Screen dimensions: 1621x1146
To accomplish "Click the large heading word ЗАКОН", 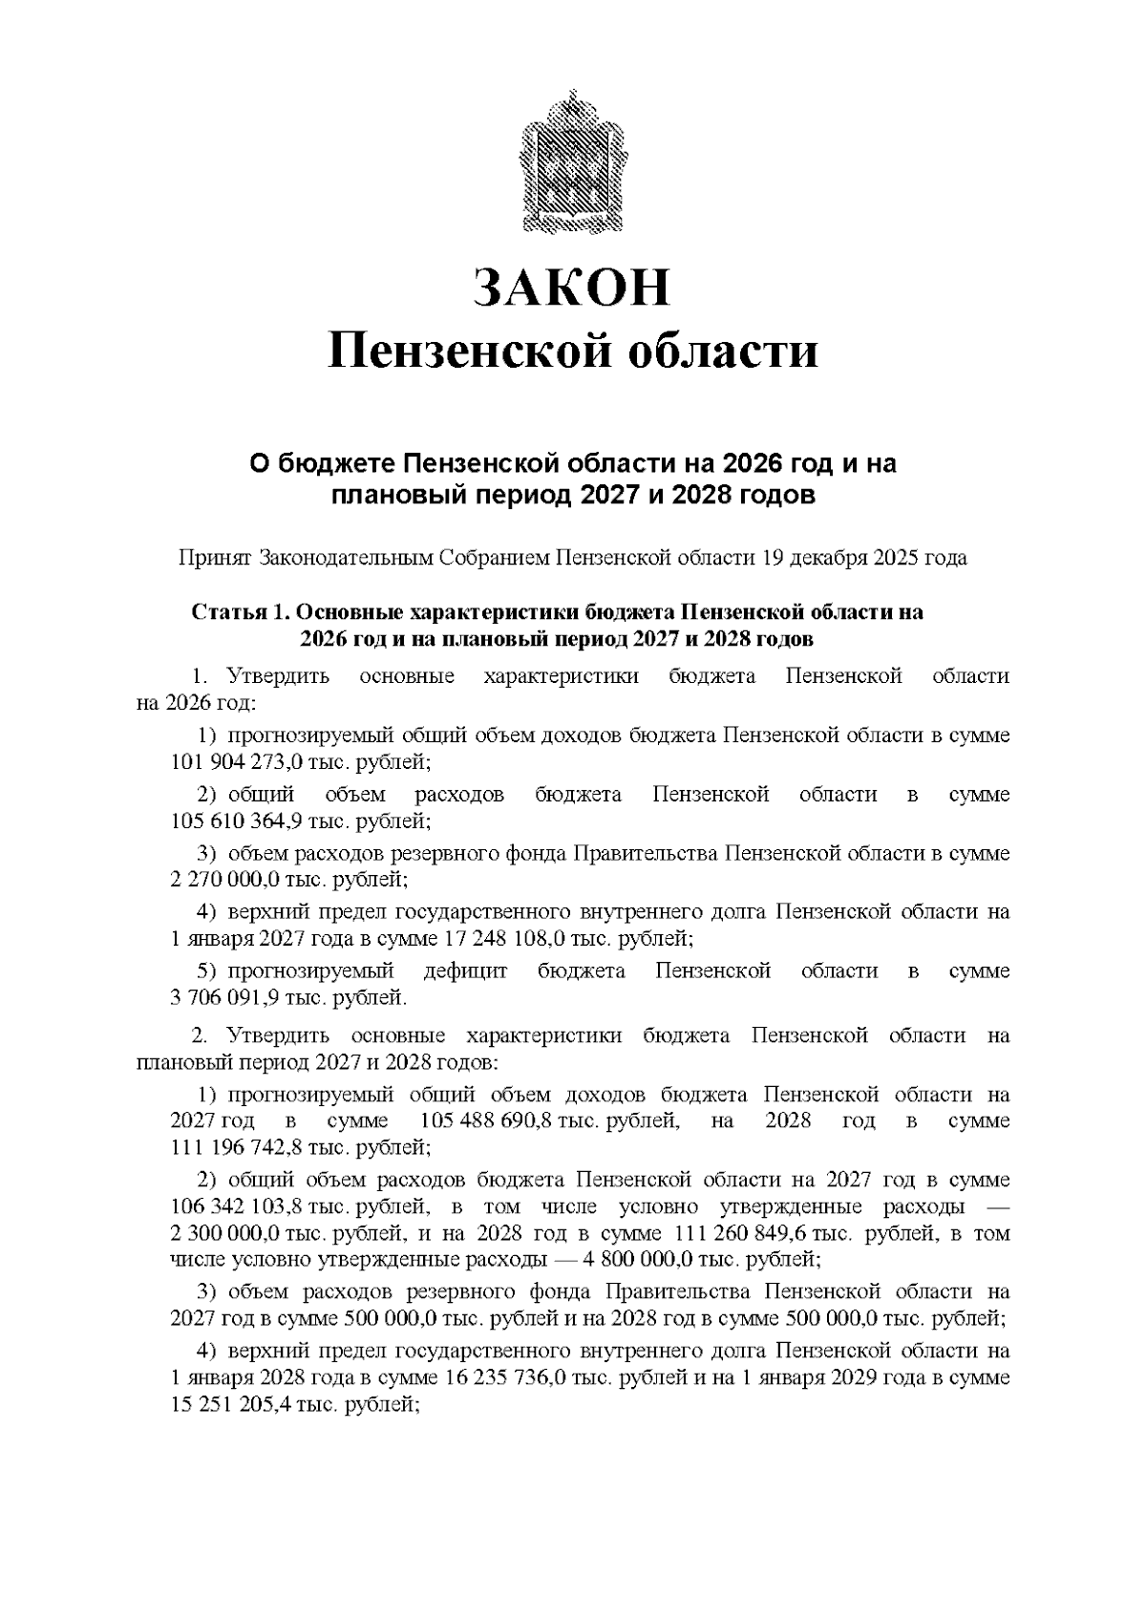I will [x=573, y=288].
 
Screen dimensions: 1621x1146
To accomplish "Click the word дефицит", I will [x=465, y=971].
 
